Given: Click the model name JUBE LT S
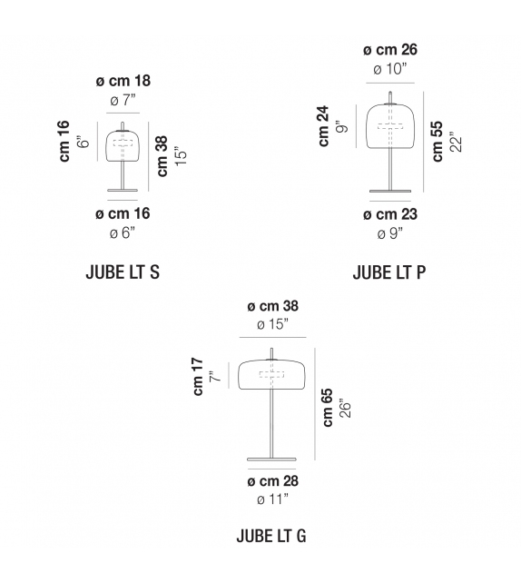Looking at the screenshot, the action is tap(123, 272).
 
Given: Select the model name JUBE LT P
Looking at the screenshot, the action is tap(389, 272).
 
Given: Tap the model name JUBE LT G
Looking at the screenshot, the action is tap(271, 536).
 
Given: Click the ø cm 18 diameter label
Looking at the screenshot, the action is tap(123, 81).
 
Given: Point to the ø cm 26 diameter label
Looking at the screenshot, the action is tap(390, 49).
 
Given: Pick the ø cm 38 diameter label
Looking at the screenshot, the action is tap(273, 306).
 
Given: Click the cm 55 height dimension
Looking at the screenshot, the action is tap(437, 141).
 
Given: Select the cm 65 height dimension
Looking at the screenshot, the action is tap(328, 408).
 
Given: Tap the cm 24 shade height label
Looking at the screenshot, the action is tap(323, 126).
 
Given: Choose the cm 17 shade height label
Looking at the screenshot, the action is tap(198, 377).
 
